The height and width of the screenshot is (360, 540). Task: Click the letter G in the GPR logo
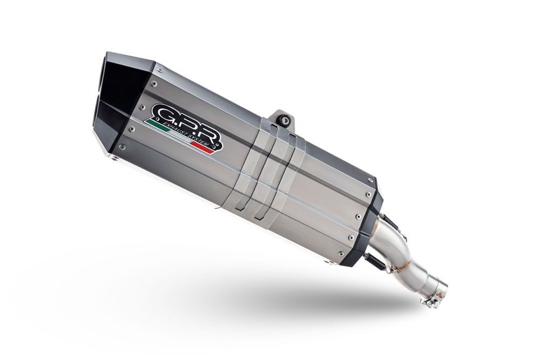tap(162, 114)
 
